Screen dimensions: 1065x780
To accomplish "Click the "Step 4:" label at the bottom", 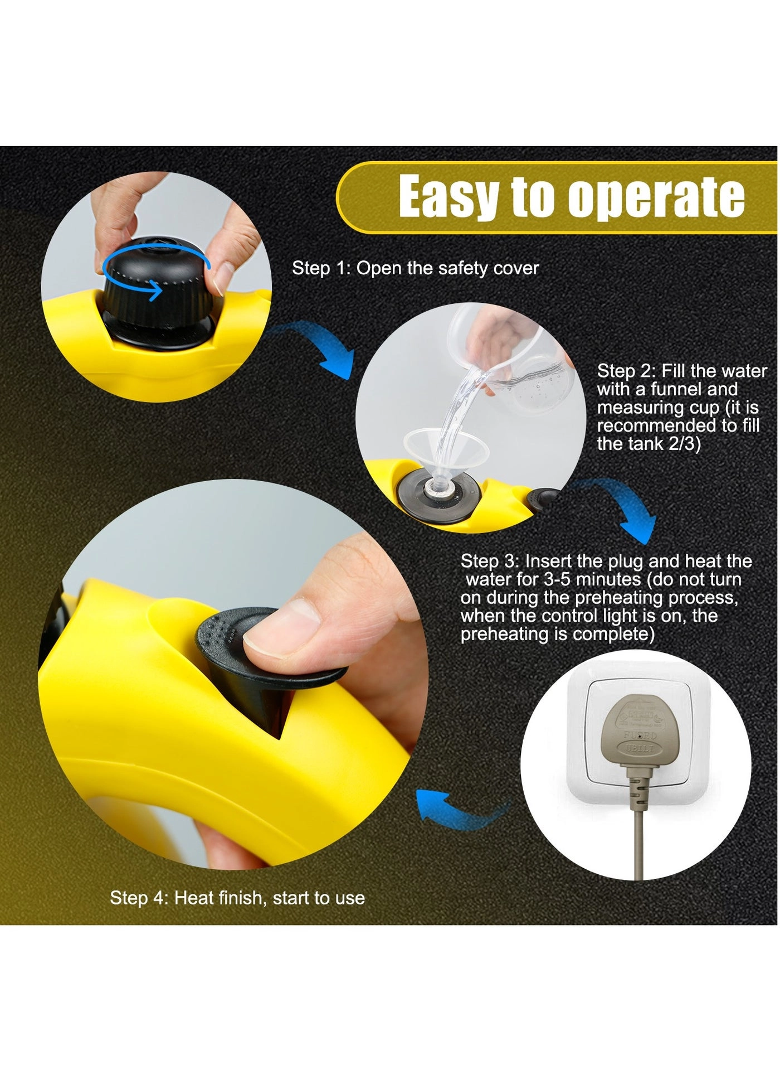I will (139, 898).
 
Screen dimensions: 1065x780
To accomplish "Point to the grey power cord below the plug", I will (638, 836).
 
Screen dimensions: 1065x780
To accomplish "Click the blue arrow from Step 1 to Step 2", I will (323, 346).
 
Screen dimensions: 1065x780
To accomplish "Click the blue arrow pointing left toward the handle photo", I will (457, 809).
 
